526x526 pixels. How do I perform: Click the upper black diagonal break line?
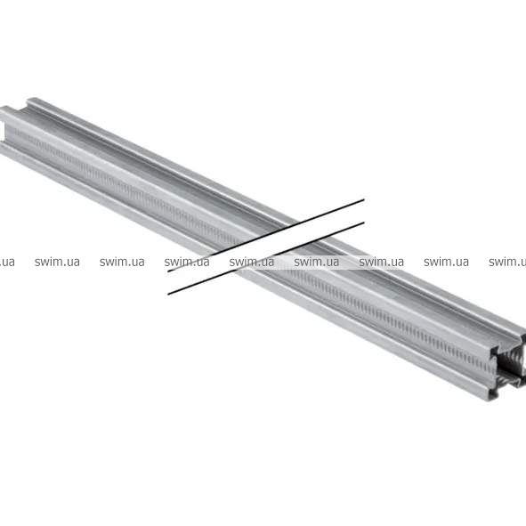(266, 235)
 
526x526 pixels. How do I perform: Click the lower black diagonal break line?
(266, 258)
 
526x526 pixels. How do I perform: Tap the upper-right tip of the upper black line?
(364, 199)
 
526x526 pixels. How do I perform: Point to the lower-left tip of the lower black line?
(168, 295)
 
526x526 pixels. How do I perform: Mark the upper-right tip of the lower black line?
(364, 223)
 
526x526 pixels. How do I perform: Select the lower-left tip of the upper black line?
(168, 271)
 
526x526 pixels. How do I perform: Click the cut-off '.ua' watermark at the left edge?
(7, 262)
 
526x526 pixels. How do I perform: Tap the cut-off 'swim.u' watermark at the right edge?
(507, 262)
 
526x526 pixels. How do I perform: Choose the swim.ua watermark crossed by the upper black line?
(187, 262)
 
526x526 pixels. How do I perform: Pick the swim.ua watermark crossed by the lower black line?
(252, 262)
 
